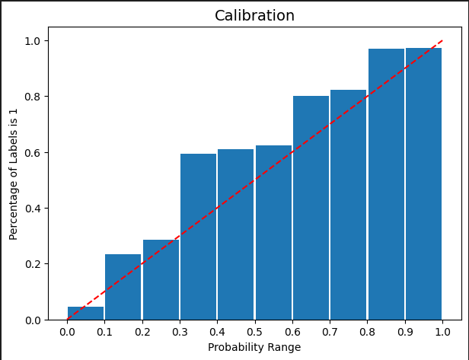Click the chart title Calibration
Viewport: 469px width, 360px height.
pos(254,16)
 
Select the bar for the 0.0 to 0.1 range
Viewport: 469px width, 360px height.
pos(86,314)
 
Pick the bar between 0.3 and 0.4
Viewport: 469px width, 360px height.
pos(198,237)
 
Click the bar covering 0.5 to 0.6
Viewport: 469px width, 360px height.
pos(273,232)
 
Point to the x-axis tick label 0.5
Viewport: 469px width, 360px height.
pos(254,332)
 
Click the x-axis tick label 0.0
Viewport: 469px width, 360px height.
pos(67,332)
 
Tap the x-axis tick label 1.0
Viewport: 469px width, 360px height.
pos(442,332)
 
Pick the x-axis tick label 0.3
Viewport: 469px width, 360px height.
pos(180,332)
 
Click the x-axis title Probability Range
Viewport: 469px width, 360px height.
pos(254,348)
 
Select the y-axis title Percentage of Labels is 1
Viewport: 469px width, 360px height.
pos(14,174)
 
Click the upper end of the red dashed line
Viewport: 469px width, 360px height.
pos(442,41)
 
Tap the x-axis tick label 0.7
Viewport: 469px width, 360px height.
pos(330,332)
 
